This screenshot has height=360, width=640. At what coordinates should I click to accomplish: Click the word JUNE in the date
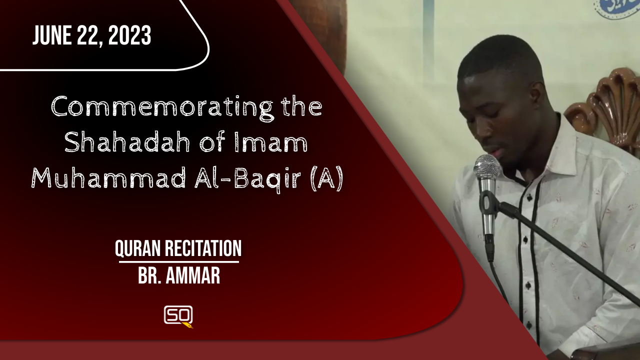[x=51, y=35]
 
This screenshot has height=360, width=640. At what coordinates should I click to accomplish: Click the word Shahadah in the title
[x=127, y=142]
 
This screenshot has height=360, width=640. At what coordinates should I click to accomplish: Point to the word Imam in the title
[x=271, y=142]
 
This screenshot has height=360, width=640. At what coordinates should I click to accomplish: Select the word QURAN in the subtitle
[x=137, y=248]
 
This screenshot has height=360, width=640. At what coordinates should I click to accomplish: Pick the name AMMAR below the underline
[x=193, y=275]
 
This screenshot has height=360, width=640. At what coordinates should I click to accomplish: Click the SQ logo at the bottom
[x=178, y=316]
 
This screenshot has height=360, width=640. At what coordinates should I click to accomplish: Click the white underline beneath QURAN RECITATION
[x=179, y=261]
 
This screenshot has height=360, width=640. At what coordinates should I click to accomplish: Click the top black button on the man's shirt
[x=529, y=197]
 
